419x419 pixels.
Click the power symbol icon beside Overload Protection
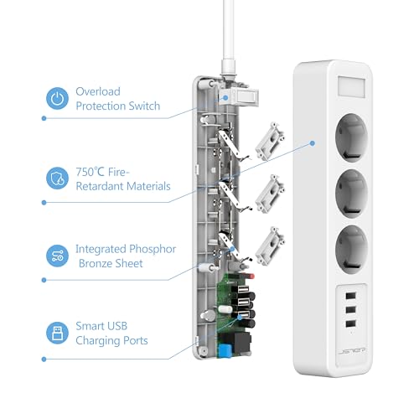click(57, 99)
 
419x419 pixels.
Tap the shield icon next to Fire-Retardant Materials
click(57, 178)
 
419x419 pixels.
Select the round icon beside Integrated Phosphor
click(57, 256)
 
